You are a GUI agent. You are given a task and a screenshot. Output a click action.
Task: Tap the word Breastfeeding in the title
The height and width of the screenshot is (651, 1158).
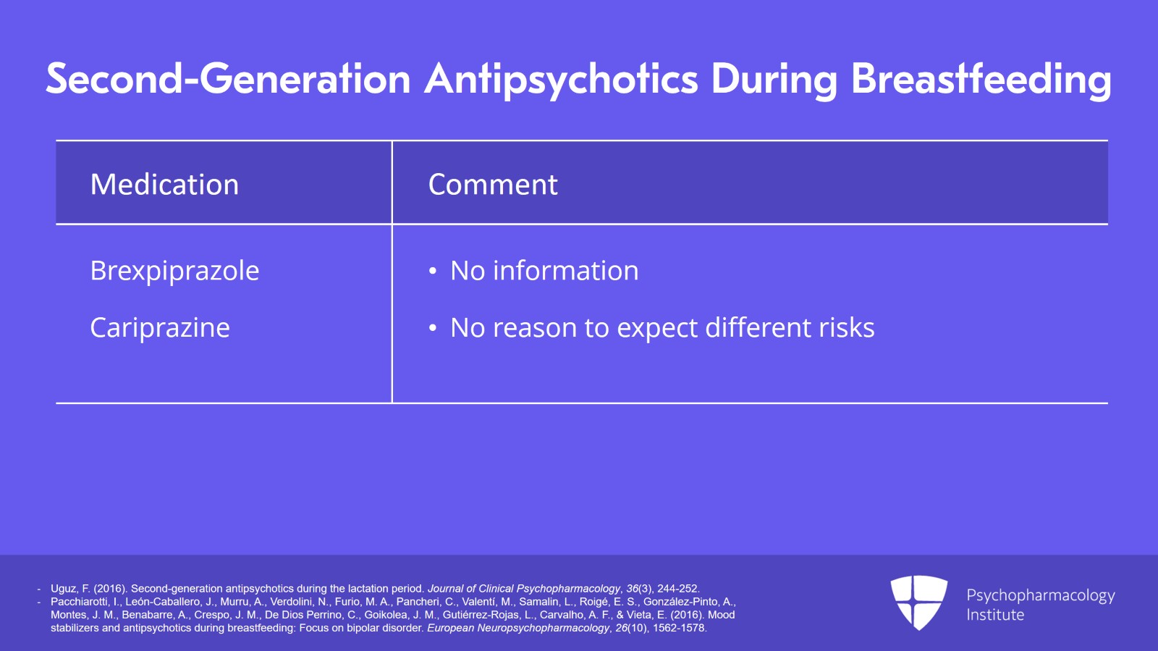coord(981,79)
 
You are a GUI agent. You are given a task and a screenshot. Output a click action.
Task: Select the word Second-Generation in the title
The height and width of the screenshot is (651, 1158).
coord(228,79)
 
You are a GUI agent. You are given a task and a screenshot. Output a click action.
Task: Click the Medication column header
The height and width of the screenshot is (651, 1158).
coord(164,184)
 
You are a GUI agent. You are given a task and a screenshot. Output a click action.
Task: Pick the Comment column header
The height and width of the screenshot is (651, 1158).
coord(493,185)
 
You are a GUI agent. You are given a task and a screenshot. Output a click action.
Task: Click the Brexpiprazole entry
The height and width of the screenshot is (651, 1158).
coord(174,271)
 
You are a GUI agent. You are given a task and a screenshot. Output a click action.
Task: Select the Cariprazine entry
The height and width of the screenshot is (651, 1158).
coord(160,328)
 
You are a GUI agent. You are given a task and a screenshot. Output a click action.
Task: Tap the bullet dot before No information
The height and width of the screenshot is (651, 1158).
coord(433,272)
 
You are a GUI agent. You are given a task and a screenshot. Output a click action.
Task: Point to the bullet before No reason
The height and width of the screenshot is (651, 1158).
coord(433,328)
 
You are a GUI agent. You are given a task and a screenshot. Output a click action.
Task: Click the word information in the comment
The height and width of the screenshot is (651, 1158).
coord(565,270)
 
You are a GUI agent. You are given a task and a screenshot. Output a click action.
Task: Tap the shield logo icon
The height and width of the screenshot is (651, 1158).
coord(918,602)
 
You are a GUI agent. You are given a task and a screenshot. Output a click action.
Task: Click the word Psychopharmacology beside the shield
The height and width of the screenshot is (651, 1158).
coord(1041,596)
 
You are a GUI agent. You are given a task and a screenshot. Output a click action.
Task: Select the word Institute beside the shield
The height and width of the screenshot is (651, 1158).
coord(995,615)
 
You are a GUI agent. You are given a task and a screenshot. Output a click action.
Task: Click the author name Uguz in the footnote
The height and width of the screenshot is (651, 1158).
coord(64,589)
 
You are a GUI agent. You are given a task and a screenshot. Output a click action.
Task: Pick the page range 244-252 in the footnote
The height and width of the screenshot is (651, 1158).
coord(678,589)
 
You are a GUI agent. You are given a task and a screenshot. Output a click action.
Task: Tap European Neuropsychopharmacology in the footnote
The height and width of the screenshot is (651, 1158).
coord(518,629)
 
